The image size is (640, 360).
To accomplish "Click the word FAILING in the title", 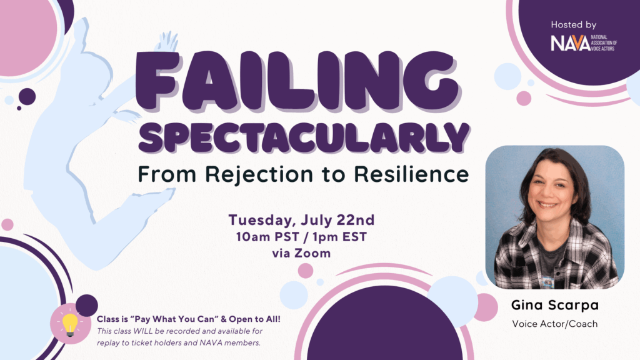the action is [x=298, y=81].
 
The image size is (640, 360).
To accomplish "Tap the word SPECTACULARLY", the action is [x=304, y=137].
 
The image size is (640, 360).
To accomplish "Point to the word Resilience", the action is [x=411, y=174].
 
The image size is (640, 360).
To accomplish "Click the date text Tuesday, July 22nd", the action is [x=301, y=220].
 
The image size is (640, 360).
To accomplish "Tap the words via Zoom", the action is [x=301, y=254].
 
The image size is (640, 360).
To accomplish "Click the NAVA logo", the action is [x=584, y=43].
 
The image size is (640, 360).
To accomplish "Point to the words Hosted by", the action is [x=574, y=25].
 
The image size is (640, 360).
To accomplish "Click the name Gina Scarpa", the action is [x=555, y=305].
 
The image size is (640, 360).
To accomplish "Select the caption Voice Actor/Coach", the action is [x=555, y=324].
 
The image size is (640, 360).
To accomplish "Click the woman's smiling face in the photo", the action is [x=551, y=191].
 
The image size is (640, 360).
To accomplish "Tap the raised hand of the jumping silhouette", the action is [x=167, y=41].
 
